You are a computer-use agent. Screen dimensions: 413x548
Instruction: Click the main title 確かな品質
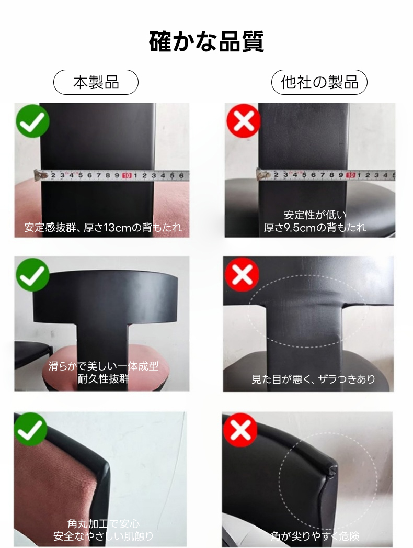click(x=206, y=41)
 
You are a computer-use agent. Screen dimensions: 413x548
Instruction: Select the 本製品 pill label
click(x=96, y=82)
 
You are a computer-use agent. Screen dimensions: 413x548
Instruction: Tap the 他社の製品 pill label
click(x=319, y=82)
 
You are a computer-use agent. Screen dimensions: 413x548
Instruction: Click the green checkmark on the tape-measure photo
click(x=32, y=121)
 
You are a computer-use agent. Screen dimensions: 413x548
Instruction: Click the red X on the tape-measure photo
click(x=243, y=120)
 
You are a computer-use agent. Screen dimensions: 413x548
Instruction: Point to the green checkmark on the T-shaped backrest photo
click(x=32, y=274)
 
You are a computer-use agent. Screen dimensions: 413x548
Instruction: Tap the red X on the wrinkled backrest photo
click(x=242, y=274)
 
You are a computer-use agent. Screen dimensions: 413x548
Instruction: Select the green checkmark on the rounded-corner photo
click(x=30, y=429)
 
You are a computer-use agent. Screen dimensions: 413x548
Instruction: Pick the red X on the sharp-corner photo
click(x=240, y=430)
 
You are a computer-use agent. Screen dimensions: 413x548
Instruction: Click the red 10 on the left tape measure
click(x=127, y=175)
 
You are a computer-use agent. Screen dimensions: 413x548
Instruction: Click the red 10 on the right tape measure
click(x=350, y=175)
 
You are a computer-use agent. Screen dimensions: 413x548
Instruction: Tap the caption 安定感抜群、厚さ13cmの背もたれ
click(x=103, y=228)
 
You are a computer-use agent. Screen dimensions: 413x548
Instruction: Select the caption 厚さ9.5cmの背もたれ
click(x=315, y=228)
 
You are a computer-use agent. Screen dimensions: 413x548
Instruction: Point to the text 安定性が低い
click(x=315, y=215)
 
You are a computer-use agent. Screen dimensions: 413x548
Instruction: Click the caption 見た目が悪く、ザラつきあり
click(x=314, y=379)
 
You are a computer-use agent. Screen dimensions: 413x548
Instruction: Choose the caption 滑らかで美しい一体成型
click(x=104, y=366)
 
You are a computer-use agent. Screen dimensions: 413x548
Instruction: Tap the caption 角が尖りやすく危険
click(x=315, y=536)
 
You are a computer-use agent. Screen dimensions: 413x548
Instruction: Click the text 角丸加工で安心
click(x=104, y=523)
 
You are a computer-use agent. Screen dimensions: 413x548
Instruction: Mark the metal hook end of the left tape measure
click(x=39, y=175)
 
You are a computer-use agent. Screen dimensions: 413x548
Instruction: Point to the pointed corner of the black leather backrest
click(x=336, y=467)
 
